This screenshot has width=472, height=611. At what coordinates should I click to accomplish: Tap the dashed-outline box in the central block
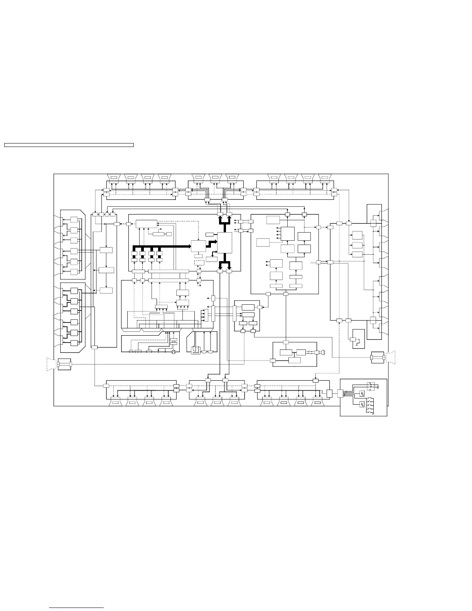[199, 263]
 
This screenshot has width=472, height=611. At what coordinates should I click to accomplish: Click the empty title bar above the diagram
[69, 145]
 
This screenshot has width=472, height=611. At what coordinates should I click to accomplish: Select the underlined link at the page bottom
[77, 608]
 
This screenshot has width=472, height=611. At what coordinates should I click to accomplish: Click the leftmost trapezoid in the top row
[114, 177]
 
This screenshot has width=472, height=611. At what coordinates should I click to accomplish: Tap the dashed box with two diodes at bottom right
[371, 385]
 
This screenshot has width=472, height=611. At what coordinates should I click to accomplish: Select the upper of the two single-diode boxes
[362, 393]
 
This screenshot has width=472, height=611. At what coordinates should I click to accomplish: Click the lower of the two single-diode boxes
[362, 404]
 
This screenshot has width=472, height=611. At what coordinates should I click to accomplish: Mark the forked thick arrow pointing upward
[224, 221]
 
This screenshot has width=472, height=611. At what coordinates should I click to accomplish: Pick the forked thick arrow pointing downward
[224, 264]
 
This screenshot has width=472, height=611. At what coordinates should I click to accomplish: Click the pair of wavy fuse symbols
[311, 352]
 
